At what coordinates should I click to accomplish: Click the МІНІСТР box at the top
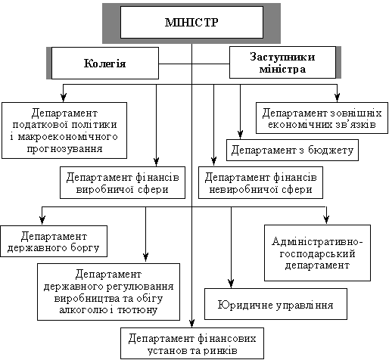[x=191, y=23]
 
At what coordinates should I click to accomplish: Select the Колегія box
[x=105, y=63]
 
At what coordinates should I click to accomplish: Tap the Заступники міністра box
[x=282, y=63]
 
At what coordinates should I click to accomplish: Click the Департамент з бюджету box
[x=292, y=150]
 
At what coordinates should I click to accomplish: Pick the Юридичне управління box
[x=275, y=304]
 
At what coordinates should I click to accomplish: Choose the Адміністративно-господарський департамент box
[x=317, y=253]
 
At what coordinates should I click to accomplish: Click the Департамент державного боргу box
[x=54, y=241]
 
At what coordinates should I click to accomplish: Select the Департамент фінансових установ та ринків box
[x=192, y=343]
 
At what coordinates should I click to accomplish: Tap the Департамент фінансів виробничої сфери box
[x=123, y=182]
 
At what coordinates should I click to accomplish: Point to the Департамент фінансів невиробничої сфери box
[x=260, y=182]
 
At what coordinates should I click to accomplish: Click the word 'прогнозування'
[x=64, y=149]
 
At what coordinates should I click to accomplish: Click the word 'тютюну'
[x=138, y=309]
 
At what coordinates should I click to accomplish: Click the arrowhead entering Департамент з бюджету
[x=240, y=135]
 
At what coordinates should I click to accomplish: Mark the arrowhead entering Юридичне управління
[x=231, y=284]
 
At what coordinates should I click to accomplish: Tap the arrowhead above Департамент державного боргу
[x=42, y=220]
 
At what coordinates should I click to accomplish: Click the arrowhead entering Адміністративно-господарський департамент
[x=326, y=219]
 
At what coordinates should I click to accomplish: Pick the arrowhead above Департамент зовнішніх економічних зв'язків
[x=338, y=98]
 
